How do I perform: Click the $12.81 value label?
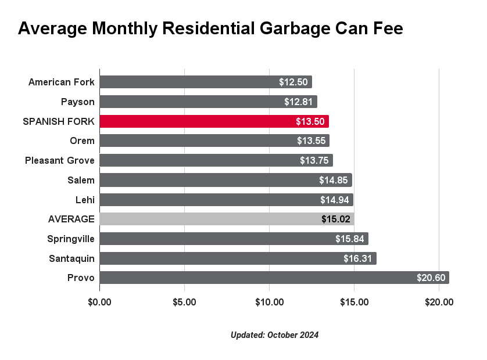pos(298,102)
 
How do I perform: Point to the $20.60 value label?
pos(431,278)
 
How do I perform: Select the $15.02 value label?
pos(335,219)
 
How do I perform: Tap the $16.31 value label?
pos(357,258)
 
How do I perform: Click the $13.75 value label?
pos(314,160)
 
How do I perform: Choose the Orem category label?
pos(82,141)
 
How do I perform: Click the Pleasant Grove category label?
pos(60,160)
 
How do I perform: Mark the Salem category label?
pos(81,180)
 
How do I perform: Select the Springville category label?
pos(71,239)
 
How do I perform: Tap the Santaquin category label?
pos(71,258)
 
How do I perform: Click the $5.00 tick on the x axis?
pos(184,302)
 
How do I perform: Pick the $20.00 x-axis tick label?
pos(439,302)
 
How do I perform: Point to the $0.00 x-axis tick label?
pos(99,302)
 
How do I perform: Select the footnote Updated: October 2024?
pos(274,335)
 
